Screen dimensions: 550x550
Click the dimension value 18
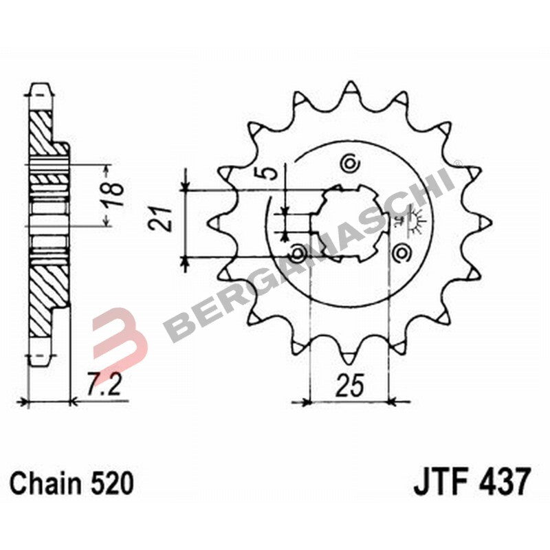click(x=114, y=195)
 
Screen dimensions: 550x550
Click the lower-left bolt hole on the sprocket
click(x=298, y=254)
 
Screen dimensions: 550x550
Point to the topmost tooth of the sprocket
click(x=351, y=89)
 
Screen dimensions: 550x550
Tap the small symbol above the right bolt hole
click(x=401, y=221)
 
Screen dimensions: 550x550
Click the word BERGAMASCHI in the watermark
click(x=309, y=254)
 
